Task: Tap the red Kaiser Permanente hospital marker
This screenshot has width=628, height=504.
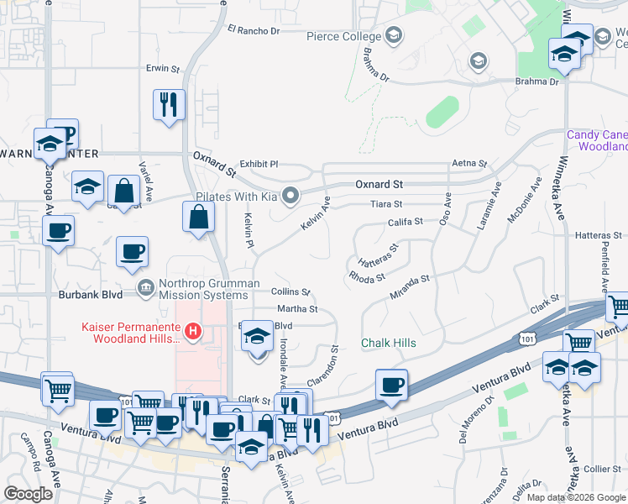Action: pos(194,333)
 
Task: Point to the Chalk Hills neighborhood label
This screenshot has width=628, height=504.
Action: pos(389,343)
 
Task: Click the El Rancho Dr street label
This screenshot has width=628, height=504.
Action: pos(253,30)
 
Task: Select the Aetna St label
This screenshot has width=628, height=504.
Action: pos(469,163)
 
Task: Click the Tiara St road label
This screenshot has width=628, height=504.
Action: pos(387,204)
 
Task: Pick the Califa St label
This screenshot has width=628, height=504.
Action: pos(405,222)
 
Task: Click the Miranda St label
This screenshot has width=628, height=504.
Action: pos(409,286)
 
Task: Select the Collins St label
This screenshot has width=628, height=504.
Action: pos(290,291)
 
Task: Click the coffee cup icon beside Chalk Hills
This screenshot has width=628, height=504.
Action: pos(391,386)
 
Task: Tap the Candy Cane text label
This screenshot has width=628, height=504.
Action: pos(596,134)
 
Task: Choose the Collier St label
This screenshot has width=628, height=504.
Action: pos(602,469)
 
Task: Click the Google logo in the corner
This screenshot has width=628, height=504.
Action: pos(28,494)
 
